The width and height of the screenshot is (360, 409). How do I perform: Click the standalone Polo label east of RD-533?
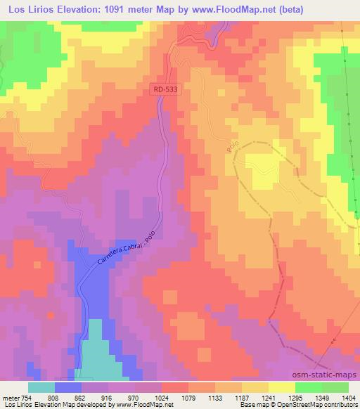(x=234, y=146)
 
